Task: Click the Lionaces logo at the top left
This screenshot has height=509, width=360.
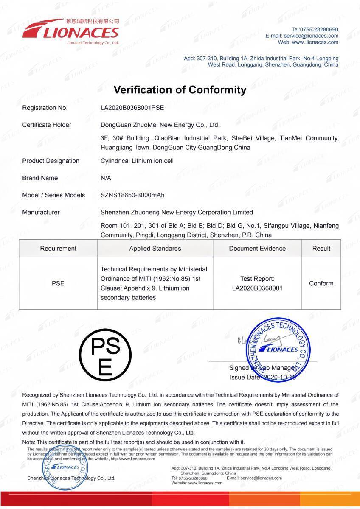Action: (x=70, y=31)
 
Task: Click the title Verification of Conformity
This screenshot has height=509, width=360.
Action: (x=180, y=90)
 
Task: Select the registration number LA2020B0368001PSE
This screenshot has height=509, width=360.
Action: (x=132, y=108)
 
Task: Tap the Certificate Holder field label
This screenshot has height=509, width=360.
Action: (x=47, y=125)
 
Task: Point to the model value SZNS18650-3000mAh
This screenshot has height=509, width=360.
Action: (x=132, y=195)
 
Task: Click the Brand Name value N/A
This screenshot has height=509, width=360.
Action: (x=106, y=178)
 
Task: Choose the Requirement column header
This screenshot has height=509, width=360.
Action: (x=58, y=249)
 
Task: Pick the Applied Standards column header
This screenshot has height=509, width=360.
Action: (x=155, y=249)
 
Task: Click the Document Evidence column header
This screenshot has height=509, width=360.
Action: (x=257, y=249)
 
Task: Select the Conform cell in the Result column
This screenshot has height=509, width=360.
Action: (x=321, y=283)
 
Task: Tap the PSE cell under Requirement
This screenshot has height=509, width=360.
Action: (x=58, y=283)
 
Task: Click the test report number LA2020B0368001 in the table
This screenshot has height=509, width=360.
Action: (x=257, y=288)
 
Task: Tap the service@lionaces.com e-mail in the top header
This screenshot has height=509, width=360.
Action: (x=311, y=36)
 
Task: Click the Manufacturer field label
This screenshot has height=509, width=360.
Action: (x=41, y=212)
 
